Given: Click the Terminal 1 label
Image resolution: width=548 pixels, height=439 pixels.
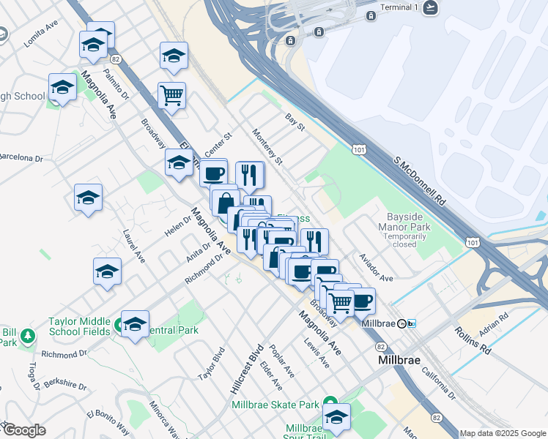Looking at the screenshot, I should [x=399, y=7].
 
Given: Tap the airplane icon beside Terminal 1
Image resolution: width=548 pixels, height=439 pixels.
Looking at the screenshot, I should [x=431, y=7].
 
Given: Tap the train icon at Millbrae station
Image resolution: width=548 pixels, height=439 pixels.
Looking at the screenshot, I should [x=412, y=323].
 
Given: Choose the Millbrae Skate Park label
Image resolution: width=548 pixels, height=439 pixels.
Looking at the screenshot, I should [x=275, y=405].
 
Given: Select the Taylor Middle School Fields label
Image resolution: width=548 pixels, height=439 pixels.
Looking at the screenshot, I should [x=79, y=326].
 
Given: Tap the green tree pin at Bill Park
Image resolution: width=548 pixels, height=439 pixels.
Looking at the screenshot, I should [x=28, y=336].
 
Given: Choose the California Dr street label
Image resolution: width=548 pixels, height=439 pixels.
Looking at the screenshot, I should [x=438, y=384].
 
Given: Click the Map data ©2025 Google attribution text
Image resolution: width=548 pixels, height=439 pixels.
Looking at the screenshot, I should [x=503, y=433].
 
